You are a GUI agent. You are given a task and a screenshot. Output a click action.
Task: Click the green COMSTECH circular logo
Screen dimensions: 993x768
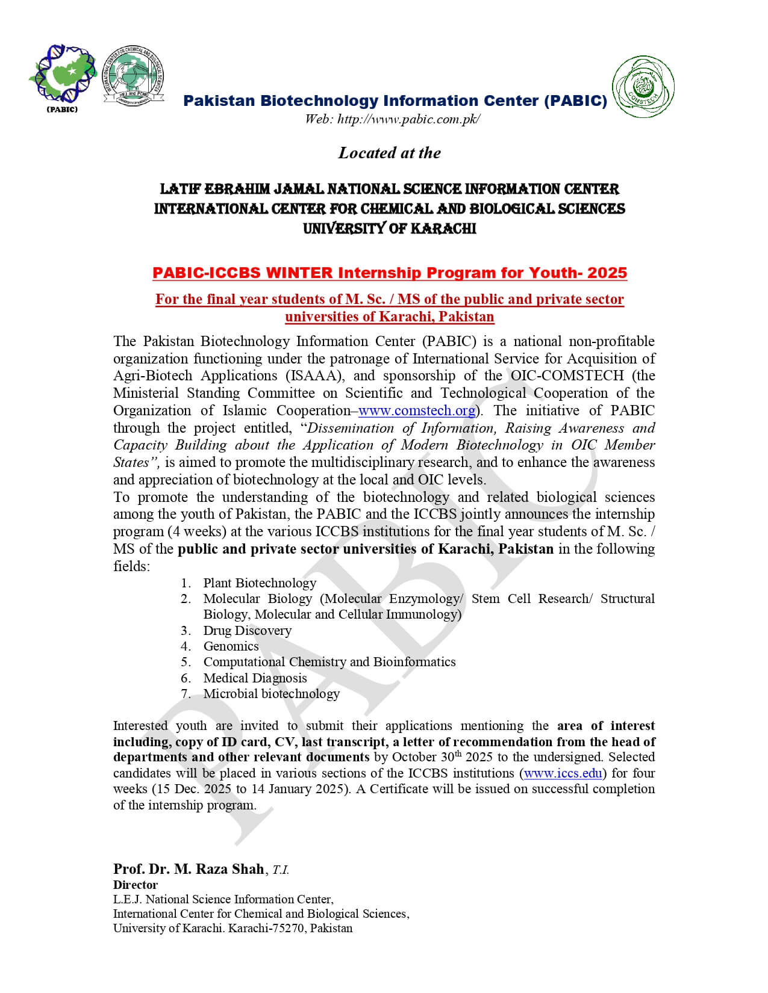click(x=643, y=87)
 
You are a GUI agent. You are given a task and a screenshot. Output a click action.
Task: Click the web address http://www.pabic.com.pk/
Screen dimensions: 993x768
click(x=392, y=119)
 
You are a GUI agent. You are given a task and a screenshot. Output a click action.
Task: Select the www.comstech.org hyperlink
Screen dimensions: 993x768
click(x=417, y=411)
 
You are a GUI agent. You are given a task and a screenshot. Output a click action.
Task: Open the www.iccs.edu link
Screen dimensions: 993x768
click(x=563, y=773)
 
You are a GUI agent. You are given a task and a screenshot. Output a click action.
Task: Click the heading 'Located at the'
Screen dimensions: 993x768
click(x=389, y=153)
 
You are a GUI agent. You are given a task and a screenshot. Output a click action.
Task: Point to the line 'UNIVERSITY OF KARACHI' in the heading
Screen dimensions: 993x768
click(x=389, y=229)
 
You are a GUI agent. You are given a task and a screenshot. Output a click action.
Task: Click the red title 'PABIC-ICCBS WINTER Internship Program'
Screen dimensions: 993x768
click(x=389, y=273)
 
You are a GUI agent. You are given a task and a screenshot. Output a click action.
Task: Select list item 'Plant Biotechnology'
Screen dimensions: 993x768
click(x=259, y=583)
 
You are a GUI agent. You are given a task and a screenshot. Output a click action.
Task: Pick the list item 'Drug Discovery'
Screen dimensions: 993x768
click(x=247, y=631)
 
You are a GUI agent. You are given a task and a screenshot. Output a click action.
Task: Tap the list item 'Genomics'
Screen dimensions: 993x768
click(x=231, y=646)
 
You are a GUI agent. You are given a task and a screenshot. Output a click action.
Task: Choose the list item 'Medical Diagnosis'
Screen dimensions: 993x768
click(x=255, y=678)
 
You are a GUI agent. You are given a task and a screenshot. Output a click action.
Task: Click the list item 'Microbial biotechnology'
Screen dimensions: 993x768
click(x=271, y=694)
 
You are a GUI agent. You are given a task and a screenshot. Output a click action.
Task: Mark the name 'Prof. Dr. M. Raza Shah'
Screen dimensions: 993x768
click(x=188, y=869)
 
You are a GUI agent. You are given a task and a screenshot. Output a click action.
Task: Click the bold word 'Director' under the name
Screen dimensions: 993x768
click(x=136, y=885)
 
